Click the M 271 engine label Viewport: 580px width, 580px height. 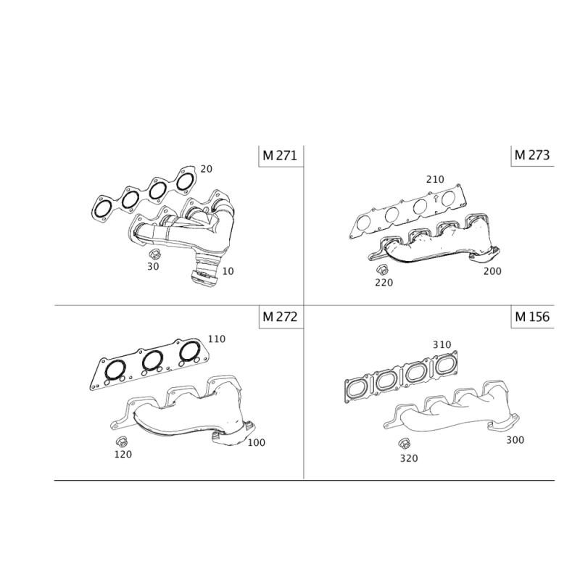pyautogui.click(x=280, y=155)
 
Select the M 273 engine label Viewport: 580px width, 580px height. pyautogui.click(x=532, y=155)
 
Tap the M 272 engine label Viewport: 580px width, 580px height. pyautogui.click(x=280, y=317)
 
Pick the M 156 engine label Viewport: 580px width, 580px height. pyautogui.click(x=532, y=317)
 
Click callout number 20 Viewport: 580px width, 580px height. pyautogui.click(x=207, y=169)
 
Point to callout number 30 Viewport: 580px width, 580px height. pyautogui.click(x=153, y=266)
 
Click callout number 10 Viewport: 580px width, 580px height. pyautogui.click(x=228, y=271)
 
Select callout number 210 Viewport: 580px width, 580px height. pyautogui.click(x=435, y=179)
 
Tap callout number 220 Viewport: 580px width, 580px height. pyautogui.click(x=384, y=283)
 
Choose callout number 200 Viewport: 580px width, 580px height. pyautogui.click(x=492, y=271)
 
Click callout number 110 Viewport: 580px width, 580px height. pyautogui.click(x=216, y=339)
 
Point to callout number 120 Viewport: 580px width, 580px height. pyautogui.click(x=123, y=455)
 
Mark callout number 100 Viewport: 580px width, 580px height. pyautogui.click(x=257, y=442)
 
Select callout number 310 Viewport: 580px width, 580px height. pyautogui.click(x=442, y=345)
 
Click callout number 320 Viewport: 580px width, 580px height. pyautogui.click(x=409, y=458)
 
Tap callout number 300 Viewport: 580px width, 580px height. pyautogui.click(x=515, y=440)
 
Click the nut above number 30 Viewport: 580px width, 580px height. pyautogui.click(x=154, y=254)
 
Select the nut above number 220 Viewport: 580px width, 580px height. pyautogui.click(x=382, y=270)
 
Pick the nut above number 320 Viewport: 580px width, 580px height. pyautogui.click(x=405, y=443)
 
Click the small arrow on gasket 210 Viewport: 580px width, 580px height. pyautogui.click(x=436, y=198)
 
